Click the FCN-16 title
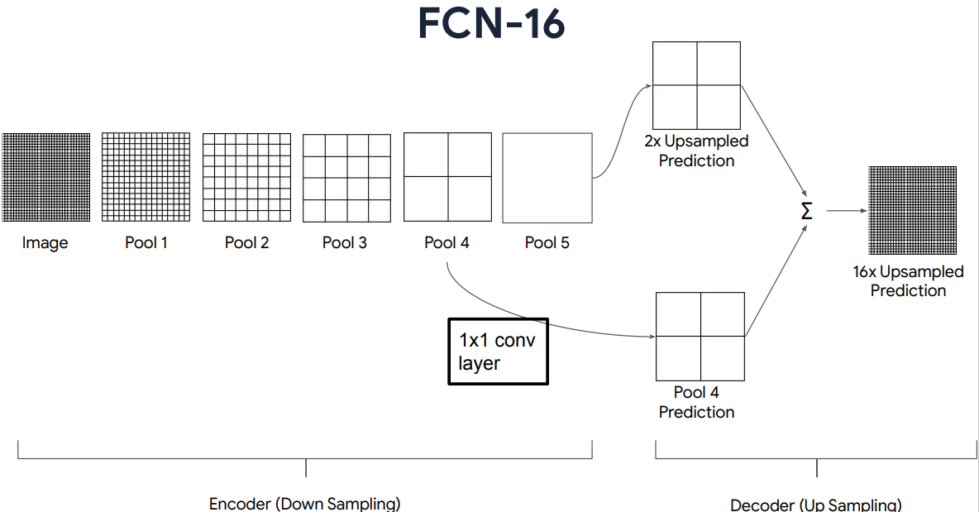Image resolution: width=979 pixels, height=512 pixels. click(491, 24)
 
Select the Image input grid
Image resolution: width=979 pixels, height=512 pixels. click(45, 177)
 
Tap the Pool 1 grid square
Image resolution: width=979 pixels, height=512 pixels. click(146, 177)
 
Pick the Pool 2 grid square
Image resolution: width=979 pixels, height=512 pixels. click(246, 177)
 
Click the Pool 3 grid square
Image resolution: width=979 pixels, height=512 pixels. click(346, 177)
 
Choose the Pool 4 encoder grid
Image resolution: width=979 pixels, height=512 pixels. click(447, 177)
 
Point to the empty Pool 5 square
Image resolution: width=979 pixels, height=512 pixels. click(547, 177)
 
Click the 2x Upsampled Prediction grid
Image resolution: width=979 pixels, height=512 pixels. click(697, 84)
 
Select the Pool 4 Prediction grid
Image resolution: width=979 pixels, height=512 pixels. click(700, 336)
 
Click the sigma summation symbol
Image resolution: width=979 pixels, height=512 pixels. click(807, 211)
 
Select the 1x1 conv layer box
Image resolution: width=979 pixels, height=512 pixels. click(498, 352)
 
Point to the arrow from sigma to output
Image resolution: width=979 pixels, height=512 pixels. click(843, 210)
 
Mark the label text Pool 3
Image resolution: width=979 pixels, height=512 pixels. click(345, 243)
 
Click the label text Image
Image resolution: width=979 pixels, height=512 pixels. click(45, 243)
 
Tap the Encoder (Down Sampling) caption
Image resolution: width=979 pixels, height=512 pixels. click(305, 504)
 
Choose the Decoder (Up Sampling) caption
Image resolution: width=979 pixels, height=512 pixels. click(816, 505)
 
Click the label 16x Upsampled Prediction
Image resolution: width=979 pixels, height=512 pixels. click(908, 281)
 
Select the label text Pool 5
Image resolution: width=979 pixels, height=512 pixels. click(547, 243)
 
